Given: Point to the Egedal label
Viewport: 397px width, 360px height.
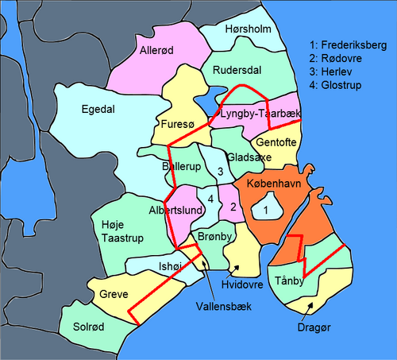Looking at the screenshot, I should click(x=98, y=110).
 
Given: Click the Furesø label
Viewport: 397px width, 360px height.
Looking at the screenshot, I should click(x=176, y=125).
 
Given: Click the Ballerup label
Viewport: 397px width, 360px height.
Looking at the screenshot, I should click(x=182, y=168).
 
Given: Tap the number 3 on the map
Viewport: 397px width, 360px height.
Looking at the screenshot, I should click(x=220, y=171).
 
